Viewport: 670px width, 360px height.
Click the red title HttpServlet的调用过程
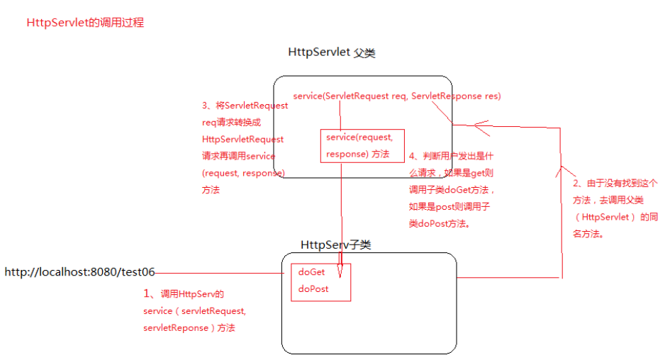coord(85,23)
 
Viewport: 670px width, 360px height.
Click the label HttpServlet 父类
coord(331,53)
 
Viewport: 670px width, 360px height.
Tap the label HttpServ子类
coord(335,245)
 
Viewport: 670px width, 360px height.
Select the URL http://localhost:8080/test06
coord(79,271)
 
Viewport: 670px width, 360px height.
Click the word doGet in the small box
coord(311,272)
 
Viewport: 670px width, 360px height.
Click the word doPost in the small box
coord(313,289)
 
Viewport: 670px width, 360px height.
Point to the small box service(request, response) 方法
coord(357,145)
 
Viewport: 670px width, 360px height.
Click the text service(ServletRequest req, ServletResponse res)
coord(396,95)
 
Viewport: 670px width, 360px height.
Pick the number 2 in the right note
coord(576,183)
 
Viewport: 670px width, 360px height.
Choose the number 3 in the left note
coord(205,106)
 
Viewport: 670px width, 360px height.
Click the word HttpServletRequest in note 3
coord(242,139)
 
